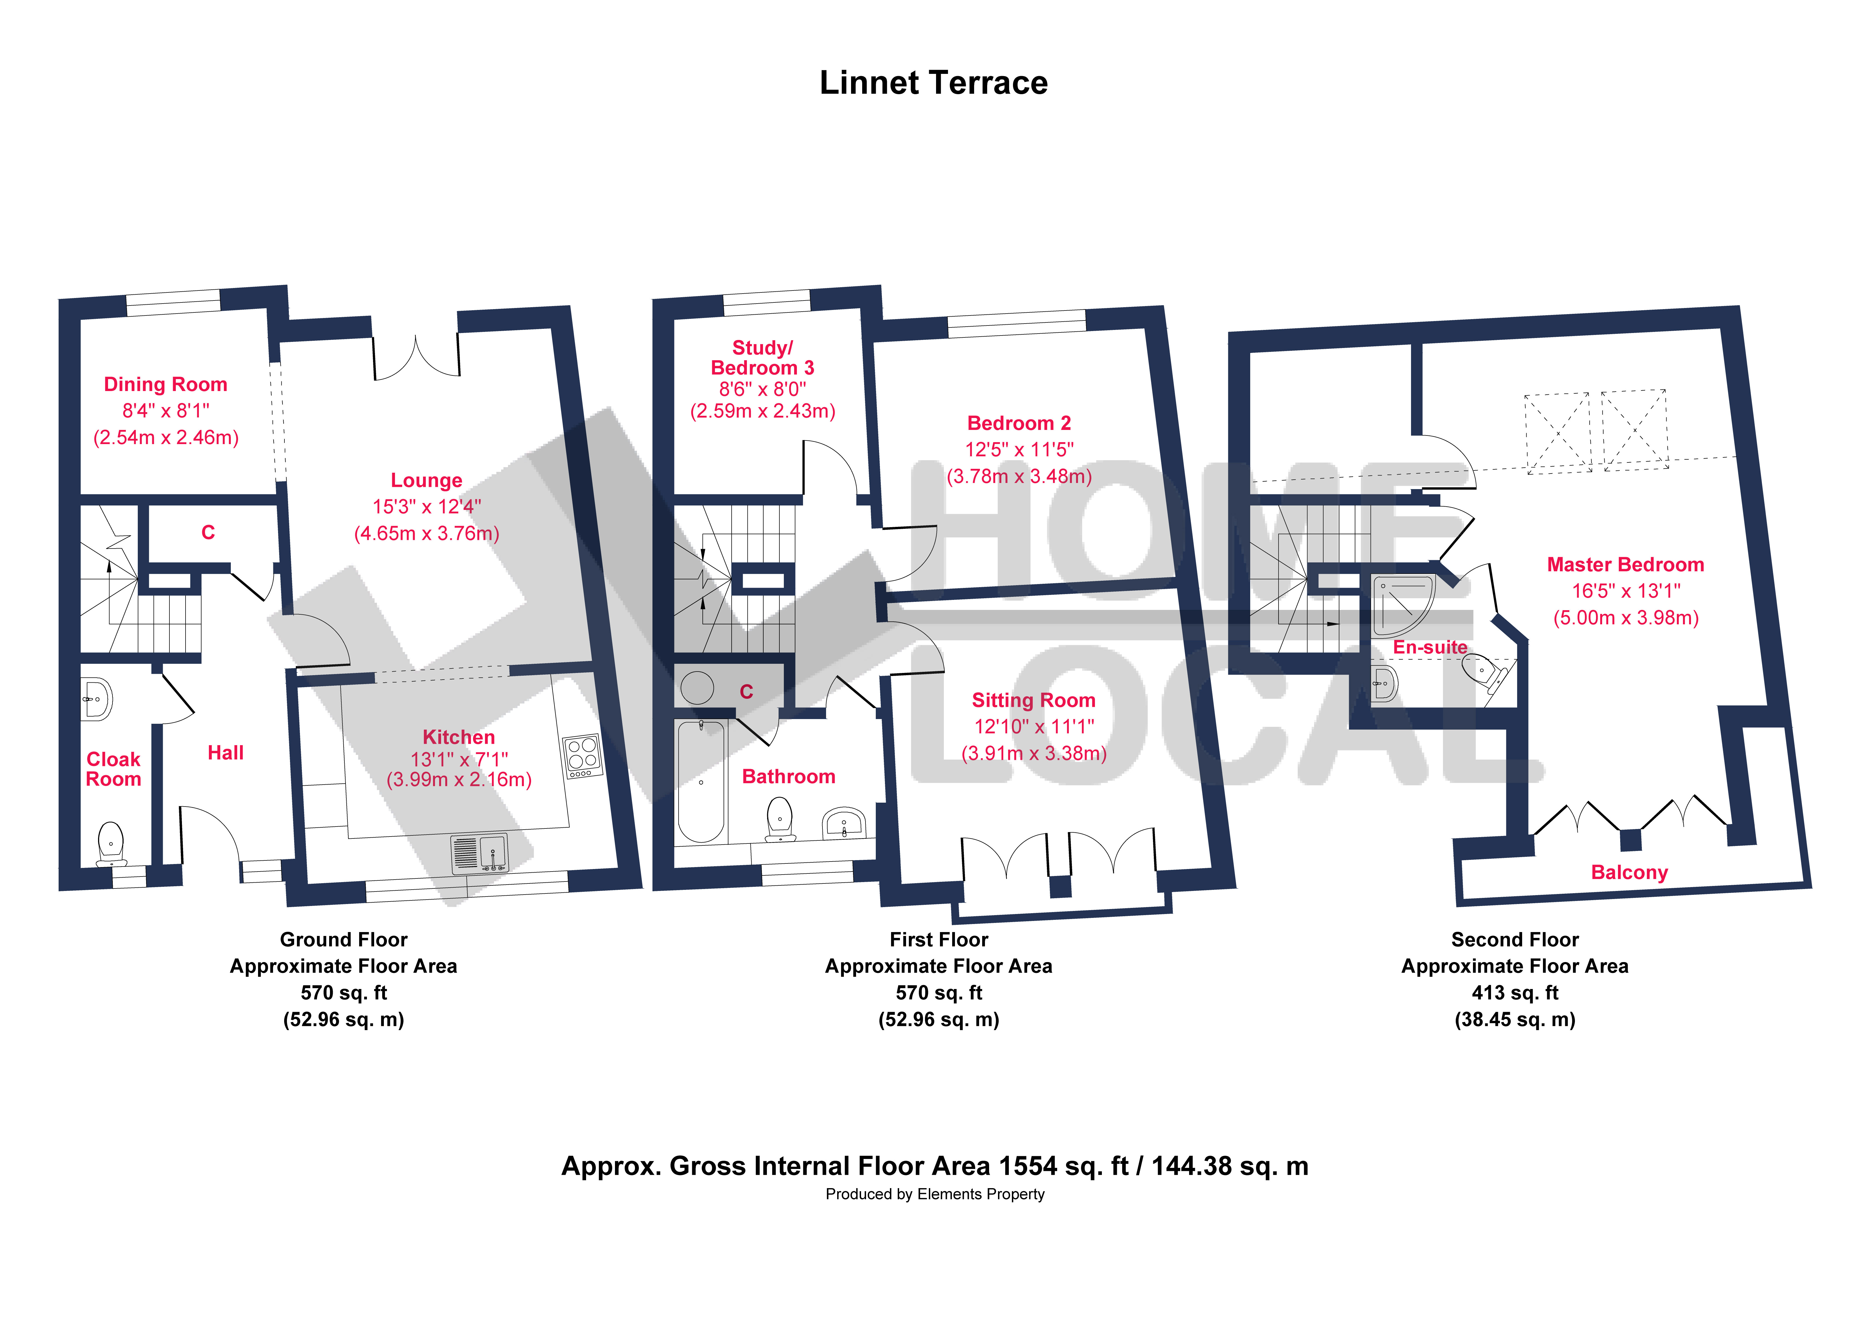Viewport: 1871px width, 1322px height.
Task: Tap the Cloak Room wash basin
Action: point(97,698)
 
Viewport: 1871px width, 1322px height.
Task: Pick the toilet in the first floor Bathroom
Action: point(780,817)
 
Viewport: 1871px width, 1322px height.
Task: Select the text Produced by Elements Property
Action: point(935,1194)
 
